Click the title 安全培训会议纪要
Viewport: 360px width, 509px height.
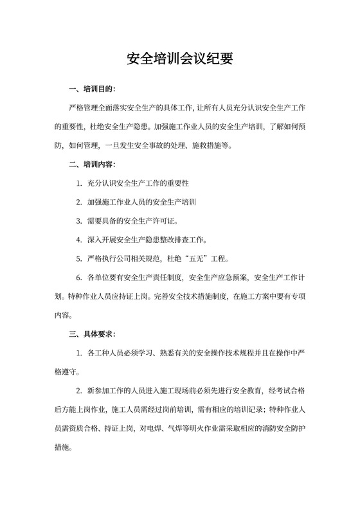(179, 60)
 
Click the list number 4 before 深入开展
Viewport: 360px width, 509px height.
(78, 240)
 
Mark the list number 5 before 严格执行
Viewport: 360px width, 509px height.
(78, 259)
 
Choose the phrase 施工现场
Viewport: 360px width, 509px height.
(167, 390)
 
